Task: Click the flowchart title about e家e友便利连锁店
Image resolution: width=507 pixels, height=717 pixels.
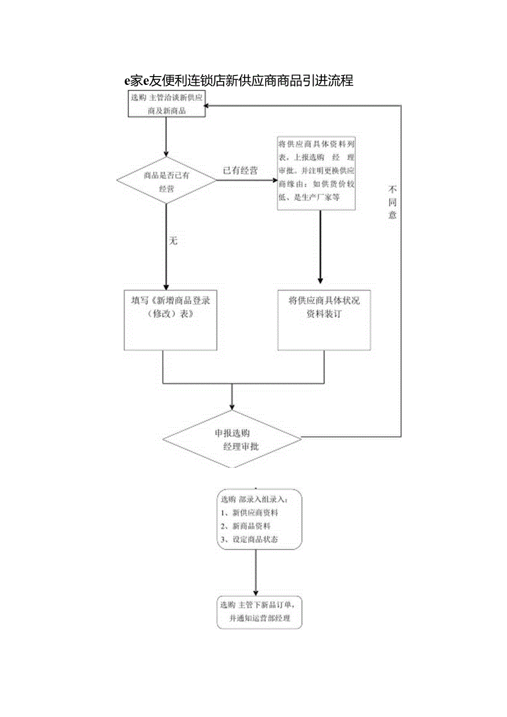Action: click(238, 80)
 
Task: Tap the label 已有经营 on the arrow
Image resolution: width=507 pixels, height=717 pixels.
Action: click(240, 170)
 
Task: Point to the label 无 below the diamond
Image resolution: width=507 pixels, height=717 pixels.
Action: click(173, 241)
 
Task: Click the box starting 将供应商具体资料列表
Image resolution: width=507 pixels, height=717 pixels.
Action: click(316, 173)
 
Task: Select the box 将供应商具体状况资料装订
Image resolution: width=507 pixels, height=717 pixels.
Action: click(324, 320)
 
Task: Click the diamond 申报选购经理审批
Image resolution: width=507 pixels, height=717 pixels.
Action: click(232, 439)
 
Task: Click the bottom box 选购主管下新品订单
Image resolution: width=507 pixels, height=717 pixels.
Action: click(260, 611)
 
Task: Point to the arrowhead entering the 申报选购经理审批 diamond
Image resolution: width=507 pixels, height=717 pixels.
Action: click(232, 407)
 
